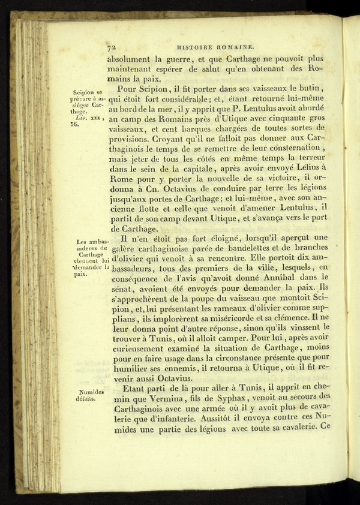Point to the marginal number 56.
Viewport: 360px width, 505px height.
[74, 125]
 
